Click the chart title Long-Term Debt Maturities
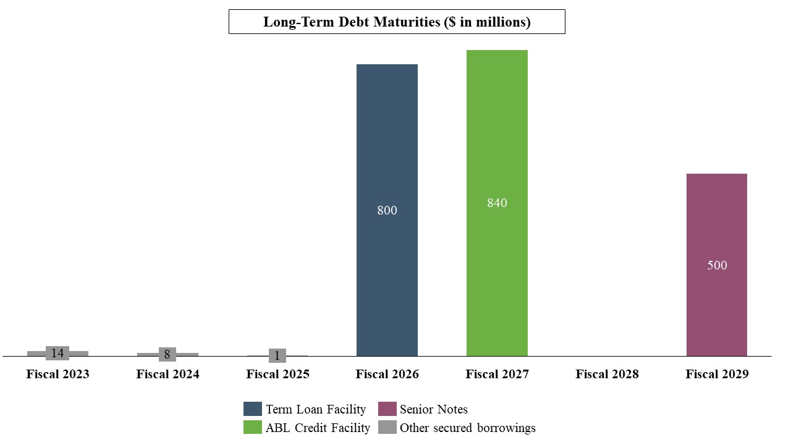pyautogui.click(x=397, y=22)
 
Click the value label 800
pyautogui.click(x=387, y=211)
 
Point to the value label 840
pyautogui.click(x=497, y=203)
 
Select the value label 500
pyautogui.click(x=717, y=266)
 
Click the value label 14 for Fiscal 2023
pyautogui.click(x=57, y=354)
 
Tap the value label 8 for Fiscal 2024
pyautogui.click(x=167, y=355)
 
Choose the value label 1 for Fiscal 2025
pyautogui.click(x=277, y=356)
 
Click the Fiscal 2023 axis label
pyautogui.click(x=57, y=375)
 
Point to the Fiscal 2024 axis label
pyautogui.click(x=167, y=375)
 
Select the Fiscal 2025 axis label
pyautogui.click(x=277, y=375)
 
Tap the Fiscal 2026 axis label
pyautogui.click(x=387, y=375)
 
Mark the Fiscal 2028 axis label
pyautogui.click(x=607, y=375)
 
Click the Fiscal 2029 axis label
pyautogui.click(x=717, y=375)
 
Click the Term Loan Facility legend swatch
pyautogui.click(x=253, y=409)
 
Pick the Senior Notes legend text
pyautogui.click(x=433, y=409)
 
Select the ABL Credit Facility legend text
pyautogui.click(x=318, y=428)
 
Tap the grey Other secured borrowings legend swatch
pyautogui.click(x=387, y=428)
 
